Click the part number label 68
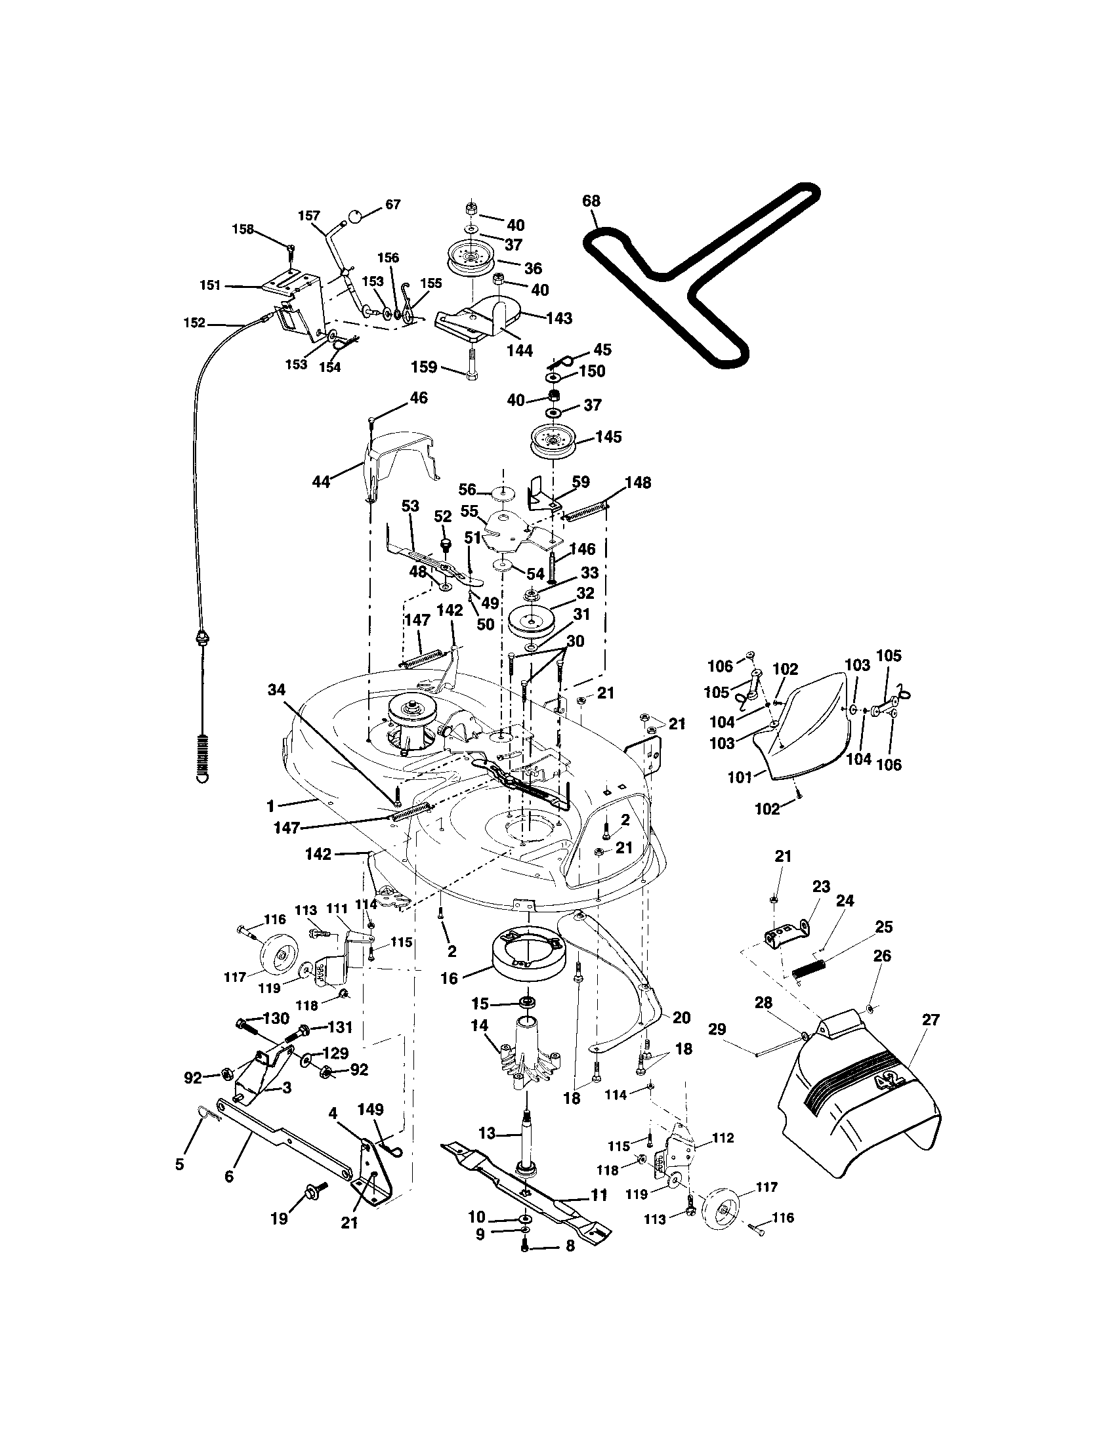(591, 201)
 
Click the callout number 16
(449, 979)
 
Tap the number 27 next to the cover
(930, 1020)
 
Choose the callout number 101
(740, 778)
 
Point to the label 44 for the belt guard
(321, 481)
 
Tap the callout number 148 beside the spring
(638, 483)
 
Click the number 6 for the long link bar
(229, 1177)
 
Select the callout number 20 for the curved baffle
(681, 1017)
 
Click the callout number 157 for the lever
(308, 215)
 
